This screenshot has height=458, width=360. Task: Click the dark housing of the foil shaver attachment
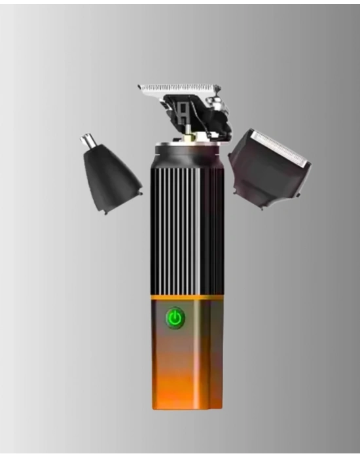click(x=262, y=173)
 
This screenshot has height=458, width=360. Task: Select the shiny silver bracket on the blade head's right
click(x=216, y=103)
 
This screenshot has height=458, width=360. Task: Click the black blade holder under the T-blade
click(x=196, y=118)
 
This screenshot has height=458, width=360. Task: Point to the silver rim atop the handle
click(x=187, y=143)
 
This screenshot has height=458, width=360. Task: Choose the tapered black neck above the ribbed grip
click(x=187, y=154)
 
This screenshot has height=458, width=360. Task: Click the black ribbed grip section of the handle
click(x=187, y=229)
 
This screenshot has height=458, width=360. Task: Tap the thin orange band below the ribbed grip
click(x=187, y=298)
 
